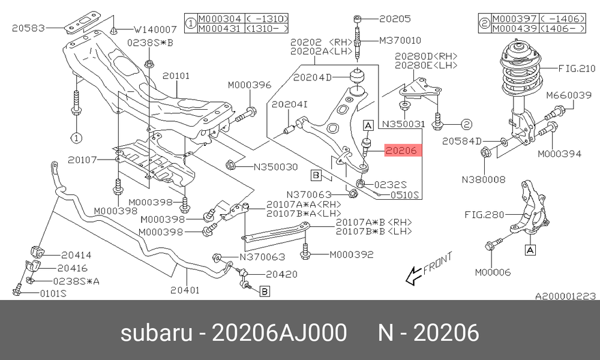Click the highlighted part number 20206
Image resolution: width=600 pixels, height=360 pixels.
point(401,151)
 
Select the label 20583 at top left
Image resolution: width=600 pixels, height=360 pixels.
point(28,28)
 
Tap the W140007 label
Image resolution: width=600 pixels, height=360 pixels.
point(155,29)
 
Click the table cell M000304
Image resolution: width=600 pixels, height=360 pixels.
point(220,19)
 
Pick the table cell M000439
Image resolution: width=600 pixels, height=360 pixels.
point(515,28)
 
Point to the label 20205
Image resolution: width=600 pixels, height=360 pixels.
point(395,19)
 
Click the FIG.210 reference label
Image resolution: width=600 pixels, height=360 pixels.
point(577,68)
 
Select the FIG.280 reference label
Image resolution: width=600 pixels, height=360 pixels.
point(484,215)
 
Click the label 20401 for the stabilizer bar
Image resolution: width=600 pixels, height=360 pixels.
point(185,290)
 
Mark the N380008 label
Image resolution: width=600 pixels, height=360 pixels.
point(483,179)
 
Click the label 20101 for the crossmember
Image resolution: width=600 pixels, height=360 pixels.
point(176,76)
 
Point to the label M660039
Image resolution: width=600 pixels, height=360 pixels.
point(569,95)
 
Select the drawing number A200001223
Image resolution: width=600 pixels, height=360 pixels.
point(565,296)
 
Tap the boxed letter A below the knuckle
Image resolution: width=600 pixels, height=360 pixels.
point(530,250)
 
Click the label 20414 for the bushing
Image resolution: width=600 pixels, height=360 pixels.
point(76,255)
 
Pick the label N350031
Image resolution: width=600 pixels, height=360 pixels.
point(404,124)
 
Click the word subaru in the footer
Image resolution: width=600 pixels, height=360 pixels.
point(156,332)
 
